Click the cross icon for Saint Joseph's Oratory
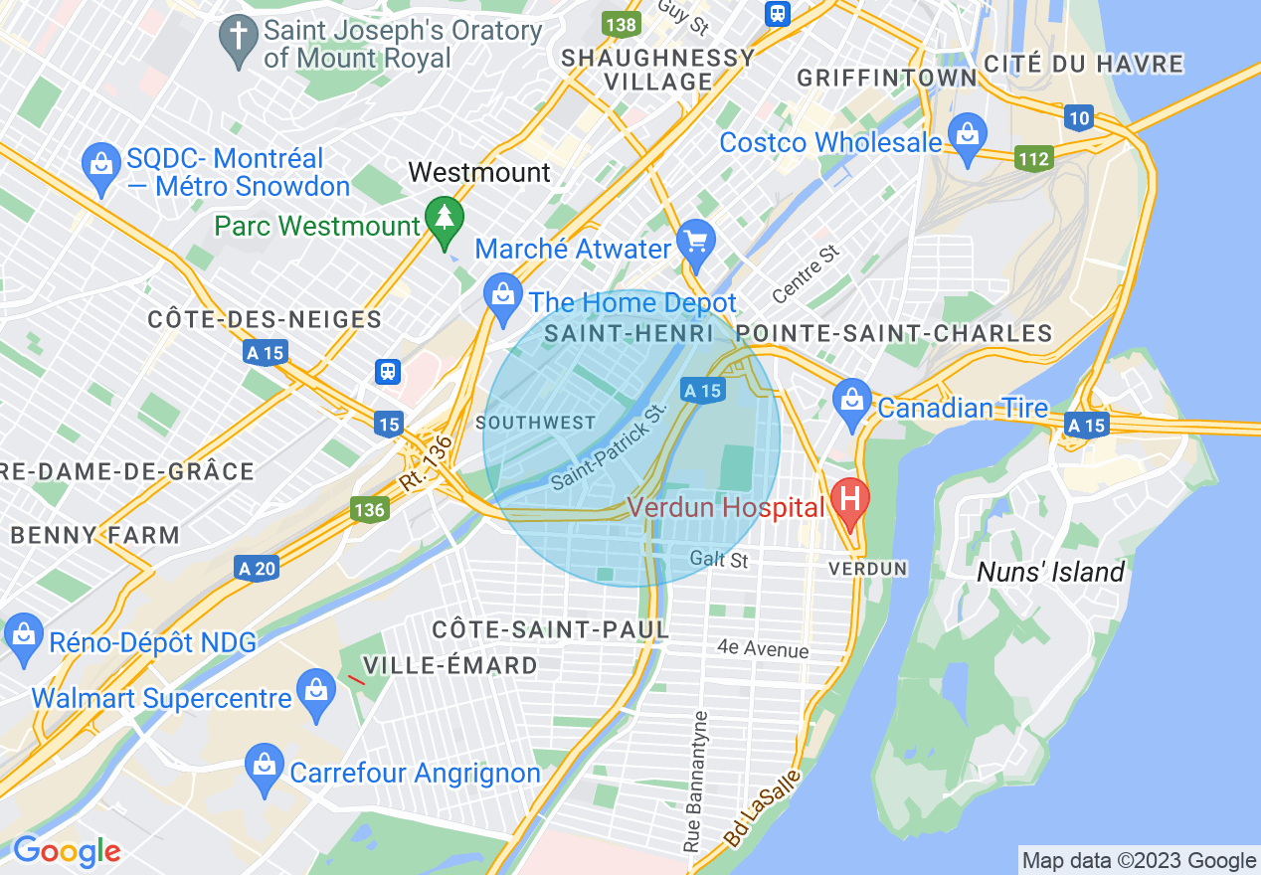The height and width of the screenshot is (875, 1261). [x=239, y=40]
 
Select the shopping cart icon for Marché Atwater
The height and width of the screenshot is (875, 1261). [x=695, y=242]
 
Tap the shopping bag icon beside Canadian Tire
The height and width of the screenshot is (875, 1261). [x=852, y=403]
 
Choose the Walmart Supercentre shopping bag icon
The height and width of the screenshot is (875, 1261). [x=317, y=692]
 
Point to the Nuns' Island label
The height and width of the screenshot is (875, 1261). [x=1050, y=572]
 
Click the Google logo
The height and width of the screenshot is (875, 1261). [x=67, y=851]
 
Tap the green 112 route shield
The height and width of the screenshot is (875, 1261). [x=1033, y=157]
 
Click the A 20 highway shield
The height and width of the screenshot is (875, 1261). [x=257, y=568]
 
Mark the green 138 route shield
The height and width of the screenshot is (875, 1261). [x=621, y=24]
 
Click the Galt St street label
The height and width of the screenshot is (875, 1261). [x=718, y=560]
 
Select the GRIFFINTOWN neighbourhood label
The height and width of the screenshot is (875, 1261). [x=886, y=78]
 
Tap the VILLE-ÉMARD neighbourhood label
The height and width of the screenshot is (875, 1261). [x=450, y=665]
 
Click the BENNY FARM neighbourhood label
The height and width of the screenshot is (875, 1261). [x=95, y=535]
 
